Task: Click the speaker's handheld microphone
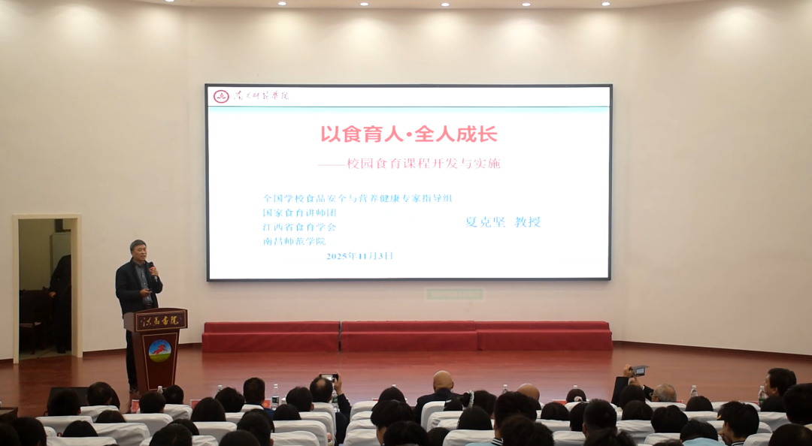coord(151,268)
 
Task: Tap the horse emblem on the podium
coord(159,351)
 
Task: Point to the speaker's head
coord(138,249)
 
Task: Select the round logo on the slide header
coord(221,96)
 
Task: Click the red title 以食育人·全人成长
coord(409,134)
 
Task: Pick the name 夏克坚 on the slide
coord(486,221)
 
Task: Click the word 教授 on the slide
coord(527,221)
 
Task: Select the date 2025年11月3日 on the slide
coord(359,256)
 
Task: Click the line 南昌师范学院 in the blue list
coord(294,241)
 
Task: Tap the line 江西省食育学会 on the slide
coord(299,227)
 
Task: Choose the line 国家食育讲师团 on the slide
coord(299,212)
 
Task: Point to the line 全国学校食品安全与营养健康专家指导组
coord(357,198)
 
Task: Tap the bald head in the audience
coord(443,381)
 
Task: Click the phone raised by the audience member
coord(329,378)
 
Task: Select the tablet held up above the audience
coord(639,369)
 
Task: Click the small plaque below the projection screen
coord(454,294)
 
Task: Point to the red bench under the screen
coord(407,336)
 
